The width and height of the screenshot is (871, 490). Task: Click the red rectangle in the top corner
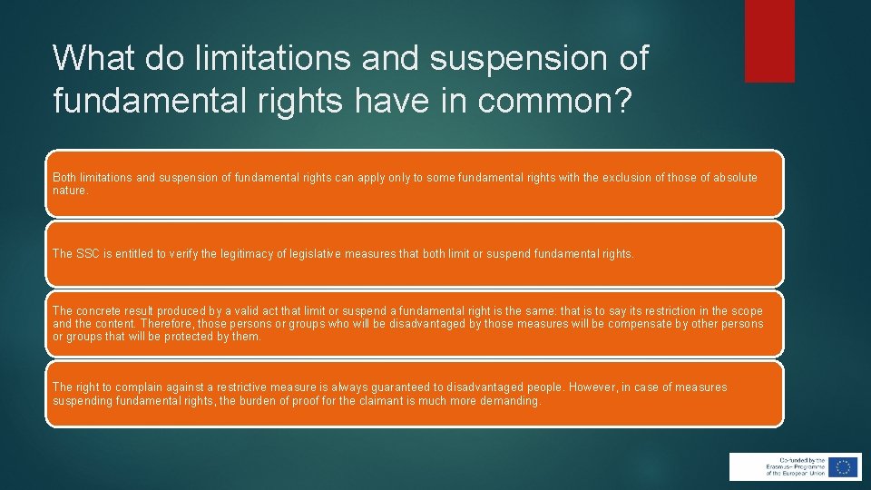click(768, 41)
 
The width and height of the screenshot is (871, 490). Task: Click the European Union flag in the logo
click(844, 466)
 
